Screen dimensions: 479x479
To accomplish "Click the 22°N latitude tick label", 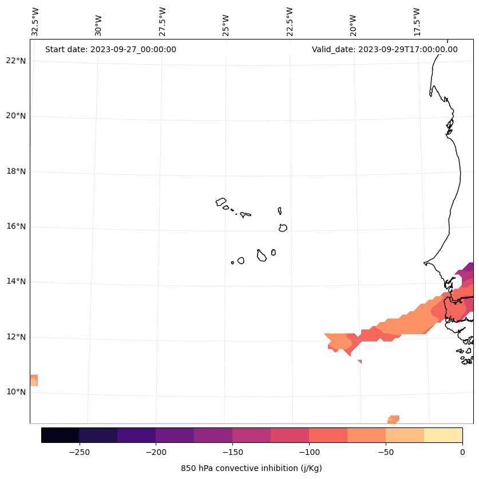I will pyautogui.click(x=16, y=61).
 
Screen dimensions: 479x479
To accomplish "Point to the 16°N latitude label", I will pyautogui.click(x=16, y=226).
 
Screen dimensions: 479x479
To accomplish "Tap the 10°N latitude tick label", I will pyautogui.click(x=16, y=392).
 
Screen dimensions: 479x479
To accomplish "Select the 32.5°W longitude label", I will pyautogui.click(x=35, y=22).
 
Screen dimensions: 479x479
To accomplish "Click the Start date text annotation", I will pyautogui.click(x=110, y=49).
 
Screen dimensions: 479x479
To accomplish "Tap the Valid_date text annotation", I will pyautogui.click(x=385, y=49).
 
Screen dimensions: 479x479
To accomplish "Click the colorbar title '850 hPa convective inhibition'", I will pyautogui.click(x=251, y=468).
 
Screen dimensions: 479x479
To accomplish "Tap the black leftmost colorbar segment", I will pyautogui.click(x=60, y=435).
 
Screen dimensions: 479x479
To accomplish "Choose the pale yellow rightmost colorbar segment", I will pyautogui.click(x=443, y=435).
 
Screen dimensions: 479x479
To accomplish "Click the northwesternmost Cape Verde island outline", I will pyautogui.click(x=221, y=202).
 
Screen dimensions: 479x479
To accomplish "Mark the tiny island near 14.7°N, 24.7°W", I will pyautogui.click(x=232, y=262).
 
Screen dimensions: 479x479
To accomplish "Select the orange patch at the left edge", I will pyautogui.click(x=34, y=380).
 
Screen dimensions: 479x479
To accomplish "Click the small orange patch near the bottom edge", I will pyautogui.click(x=393, y=419).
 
